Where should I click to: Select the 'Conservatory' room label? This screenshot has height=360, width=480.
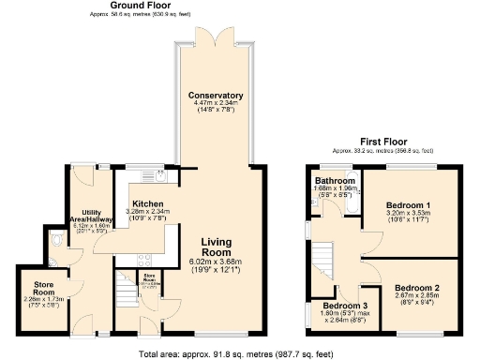click(x=216, y=96)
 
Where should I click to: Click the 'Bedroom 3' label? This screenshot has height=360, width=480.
click(x=345, y=306)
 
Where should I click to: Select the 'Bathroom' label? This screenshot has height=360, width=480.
click(x=335, y=180)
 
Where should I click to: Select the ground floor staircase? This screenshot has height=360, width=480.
click(x=125, y=283)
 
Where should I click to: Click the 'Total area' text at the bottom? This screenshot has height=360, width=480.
click(x=239, y=352)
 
